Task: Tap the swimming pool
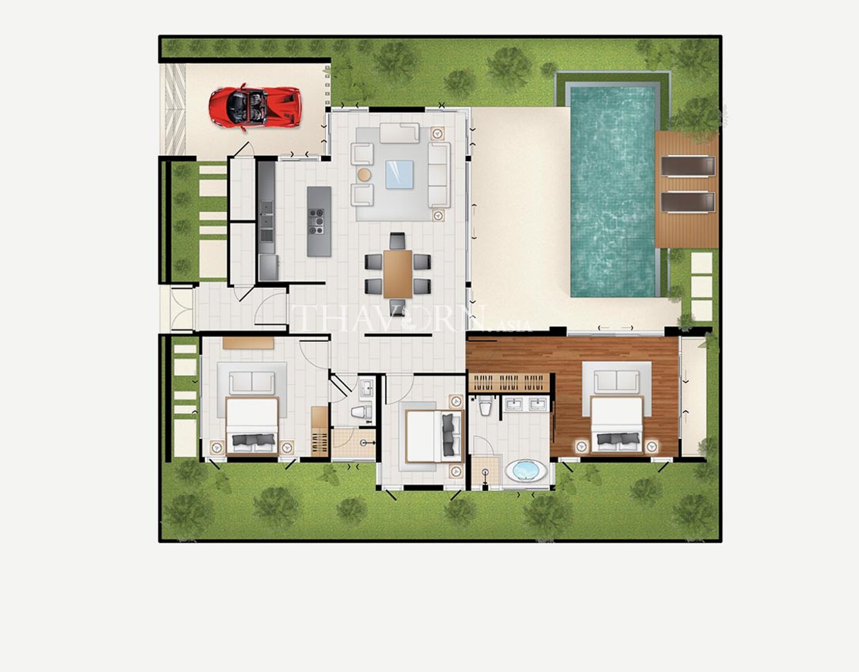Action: (x=613, y=192)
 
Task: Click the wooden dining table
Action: (x=397, y=274)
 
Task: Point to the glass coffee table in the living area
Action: (x=399, y=174)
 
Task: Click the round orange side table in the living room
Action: (x=364, y=174)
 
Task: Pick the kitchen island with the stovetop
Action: (x=319, y=222)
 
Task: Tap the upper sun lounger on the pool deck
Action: (x=688, y=166)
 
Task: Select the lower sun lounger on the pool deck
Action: (x=688, y=202)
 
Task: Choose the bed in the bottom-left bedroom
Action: (x=252, y=426)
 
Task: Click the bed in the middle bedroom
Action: (x=434, y=436)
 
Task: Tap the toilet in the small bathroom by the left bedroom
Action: (x=362, y=412)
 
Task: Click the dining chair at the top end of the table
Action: (x=397, y=240)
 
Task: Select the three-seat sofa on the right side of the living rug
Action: (x=439, y=175)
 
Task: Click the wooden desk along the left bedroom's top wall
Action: (x=249, y=343)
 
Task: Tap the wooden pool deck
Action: (x=687, y=189)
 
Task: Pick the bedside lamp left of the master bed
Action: (x=581, y=447)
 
